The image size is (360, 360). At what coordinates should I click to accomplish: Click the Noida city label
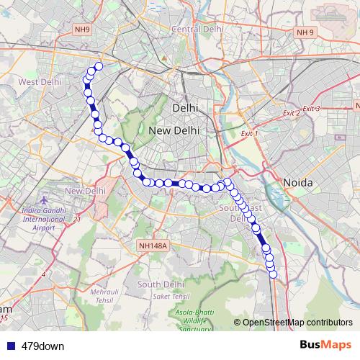pos(297,182)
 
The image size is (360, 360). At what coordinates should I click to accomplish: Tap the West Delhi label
pos(39,82)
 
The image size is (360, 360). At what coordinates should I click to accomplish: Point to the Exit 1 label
pos(247,134)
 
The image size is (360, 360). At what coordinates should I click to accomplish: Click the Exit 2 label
pos(292,113)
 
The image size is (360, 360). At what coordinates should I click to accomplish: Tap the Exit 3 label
pos(312,108)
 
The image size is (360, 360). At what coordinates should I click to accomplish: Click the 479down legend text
pos(43,346)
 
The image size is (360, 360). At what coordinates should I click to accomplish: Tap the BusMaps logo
pos(325,346)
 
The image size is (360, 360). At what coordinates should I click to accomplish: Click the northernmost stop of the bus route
pos(99,67)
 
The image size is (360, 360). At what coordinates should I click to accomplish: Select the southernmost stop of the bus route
pos(273,273)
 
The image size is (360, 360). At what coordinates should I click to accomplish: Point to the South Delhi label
pos(158,284)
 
